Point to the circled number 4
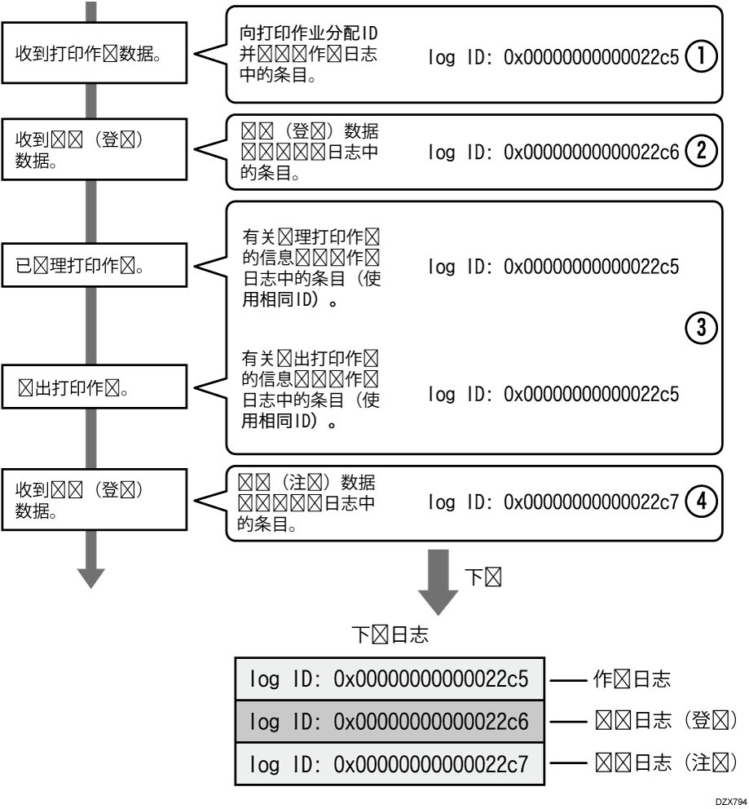tap(700, 502)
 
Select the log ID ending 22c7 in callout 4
tap(553, 502)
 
